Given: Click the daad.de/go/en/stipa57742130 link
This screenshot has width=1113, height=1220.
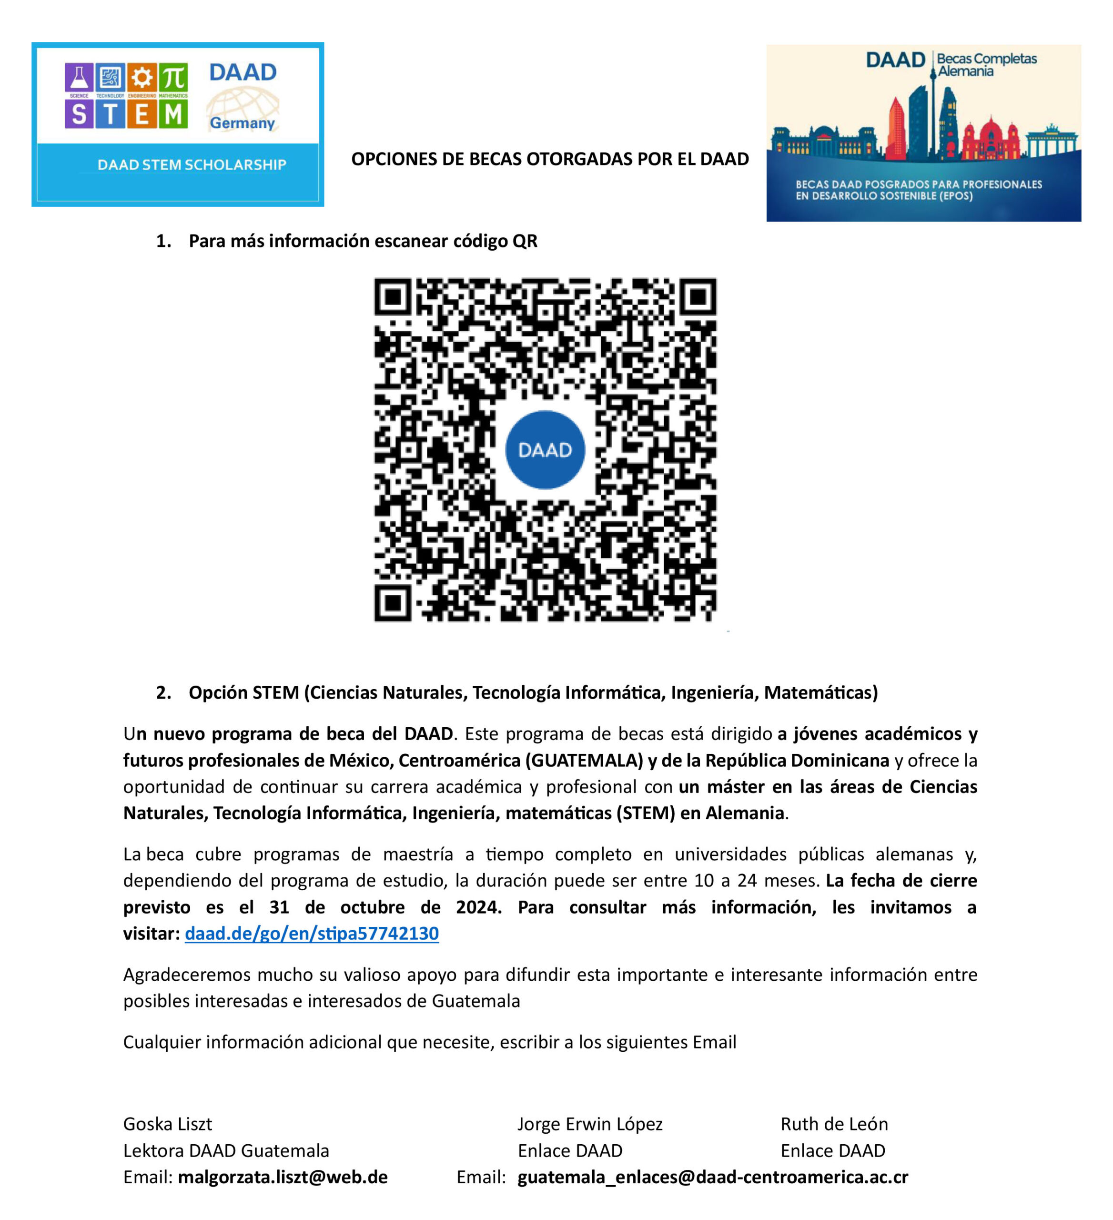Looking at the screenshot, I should (312, 934).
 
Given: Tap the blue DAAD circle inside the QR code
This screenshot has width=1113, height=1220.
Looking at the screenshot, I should (545, 449).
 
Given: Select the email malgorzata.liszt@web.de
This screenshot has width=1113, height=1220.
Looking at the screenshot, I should (283, 1177).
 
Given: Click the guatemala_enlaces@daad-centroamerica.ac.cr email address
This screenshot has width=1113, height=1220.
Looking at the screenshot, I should (713, 1177).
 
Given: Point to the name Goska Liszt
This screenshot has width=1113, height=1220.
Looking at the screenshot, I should (168, 1124).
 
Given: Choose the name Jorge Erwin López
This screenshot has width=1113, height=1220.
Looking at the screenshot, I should (590, 1124).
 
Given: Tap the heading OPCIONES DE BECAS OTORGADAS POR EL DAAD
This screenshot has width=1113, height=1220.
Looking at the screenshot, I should (550, 159).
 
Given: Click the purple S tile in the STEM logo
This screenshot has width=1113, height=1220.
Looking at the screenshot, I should (79, 114).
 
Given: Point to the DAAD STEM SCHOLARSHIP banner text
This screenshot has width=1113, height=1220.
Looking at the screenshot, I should (192, 164).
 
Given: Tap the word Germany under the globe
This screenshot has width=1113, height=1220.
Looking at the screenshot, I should (242, 123).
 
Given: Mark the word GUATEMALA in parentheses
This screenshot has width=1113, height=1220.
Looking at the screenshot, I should (584, 760).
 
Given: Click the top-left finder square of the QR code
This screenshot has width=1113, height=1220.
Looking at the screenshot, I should (393, 297).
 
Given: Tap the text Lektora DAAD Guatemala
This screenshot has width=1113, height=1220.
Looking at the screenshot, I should (226, 1150).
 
